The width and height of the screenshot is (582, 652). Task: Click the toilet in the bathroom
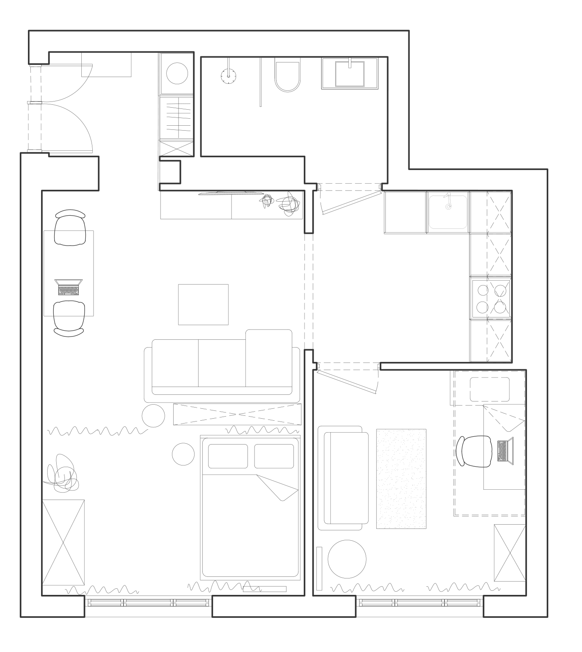click(287, 77)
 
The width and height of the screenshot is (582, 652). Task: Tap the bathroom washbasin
click(350, 74)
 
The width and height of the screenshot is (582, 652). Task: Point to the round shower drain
click(229, 76)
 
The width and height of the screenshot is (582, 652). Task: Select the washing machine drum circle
click(177, 73)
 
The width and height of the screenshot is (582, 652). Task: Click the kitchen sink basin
click(447, 211)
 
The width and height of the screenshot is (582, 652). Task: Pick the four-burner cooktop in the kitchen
click(491, 299)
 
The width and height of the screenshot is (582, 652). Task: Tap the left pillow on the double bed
click(228, 456)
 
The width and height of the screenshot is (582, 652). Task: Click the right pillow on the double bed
click(274, 456)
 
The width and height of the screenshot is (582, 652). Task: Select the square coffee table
click(203, 304)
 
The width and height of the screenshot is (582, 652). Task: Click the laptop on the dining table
click(69, 287)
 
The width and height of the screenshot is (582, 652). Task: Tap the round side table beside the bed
click(183, 454)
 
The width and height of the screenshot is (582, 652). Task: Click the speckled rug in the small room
click(401, 479)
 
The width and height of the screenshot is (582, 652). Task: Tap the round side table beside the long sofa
click(153, 416)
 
